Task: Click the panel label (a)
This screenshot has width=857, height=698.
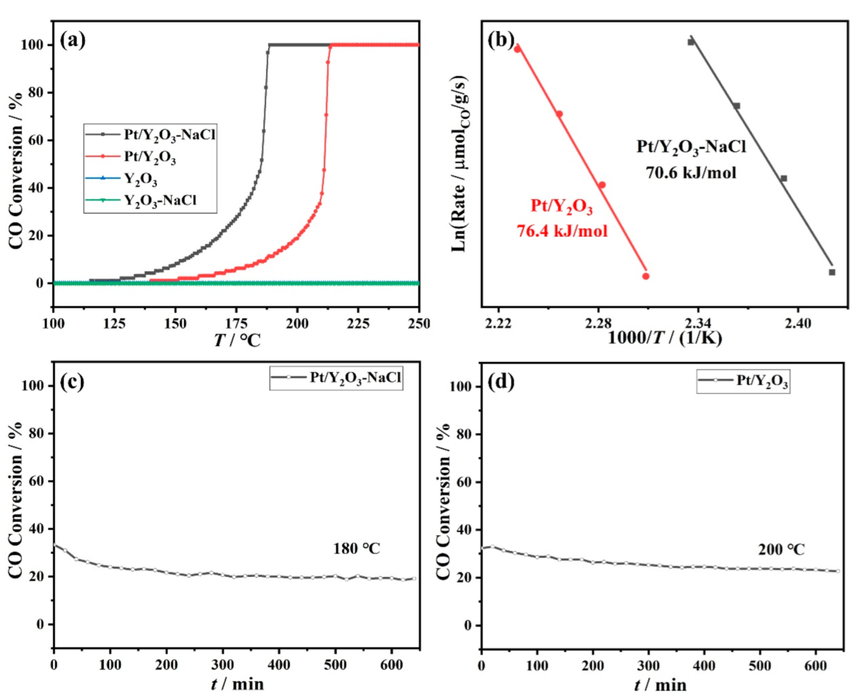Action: [72, 41]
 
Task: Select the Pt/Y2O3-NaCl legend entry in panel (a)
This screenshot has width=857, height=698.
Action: [151, 134]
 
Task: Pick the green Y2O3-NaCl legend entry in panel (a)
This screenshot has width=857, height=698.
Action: [151, 200]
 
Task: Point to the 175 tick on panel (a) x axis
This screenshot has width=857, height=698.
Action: [236, 323]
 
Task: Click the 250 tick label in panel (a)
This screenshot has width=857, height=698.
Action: [419, 323]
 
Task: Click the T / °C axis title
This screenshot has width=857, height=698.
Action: [237, 340]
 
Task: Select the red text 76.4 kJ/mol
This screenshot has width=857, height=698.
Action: [562, 231]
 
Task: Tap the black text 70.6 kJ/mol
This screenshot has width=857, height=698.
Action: [691, 172]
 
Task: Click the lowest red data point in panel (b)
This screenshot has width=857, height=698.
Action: [646, 276]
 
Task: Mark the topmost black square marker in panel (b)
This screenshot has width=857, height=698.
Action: [691, 42]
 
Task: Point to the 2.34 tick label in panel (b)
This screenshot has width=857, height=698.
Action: [698, 323]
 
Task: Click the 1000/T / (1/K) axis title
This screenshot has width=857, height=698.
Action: [664, 338]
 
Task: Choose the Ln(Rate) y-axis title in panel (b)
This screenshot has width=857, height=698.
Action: [459, 164]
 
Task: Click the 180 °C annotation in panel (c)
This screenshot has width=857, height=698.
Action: [356, 549]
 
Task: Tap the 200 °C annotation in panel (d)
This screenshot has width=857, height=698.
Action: [781, 549]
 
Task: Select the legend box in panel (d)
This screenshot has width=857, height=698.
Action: [743, 381]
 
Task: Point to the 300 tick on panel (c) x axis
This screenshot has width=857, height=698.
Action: [222, 665]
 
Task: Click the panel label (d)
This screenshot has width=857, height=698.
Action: [500, 382]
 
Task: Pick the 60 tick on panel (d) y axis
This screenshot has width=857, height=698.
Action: [464, 482]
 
